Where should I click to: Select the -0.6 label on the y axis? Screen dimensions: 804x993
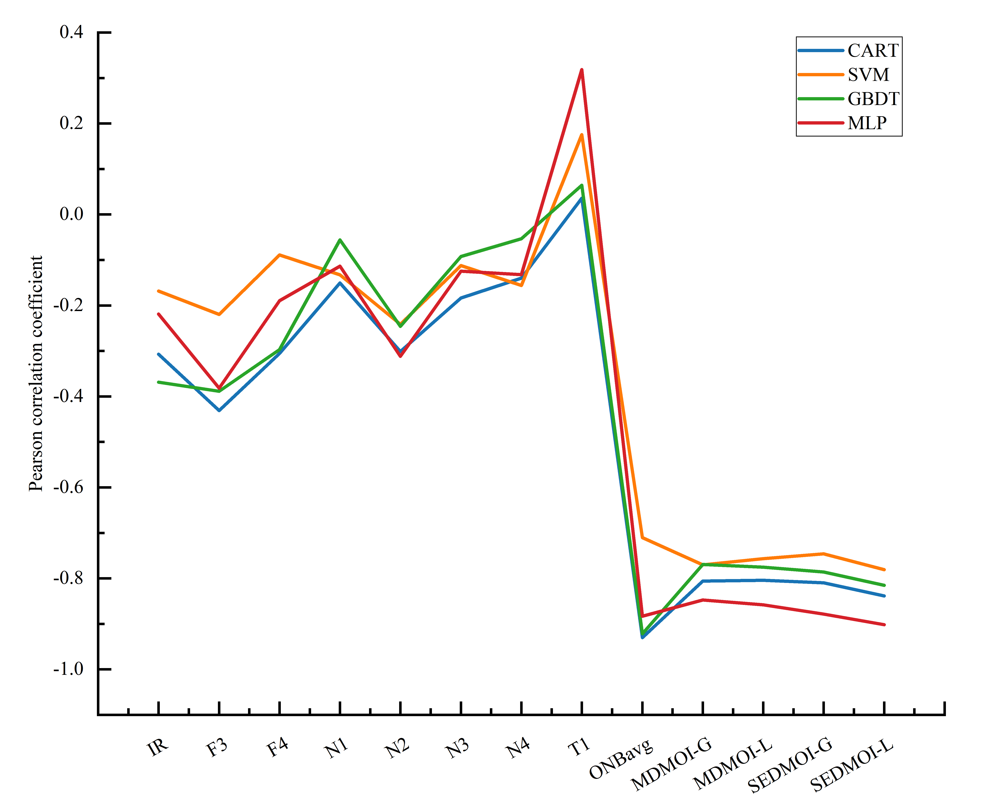[x=69, y=487]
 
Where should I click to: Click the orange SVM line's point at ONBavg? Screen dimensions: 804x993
[x=642, y=537]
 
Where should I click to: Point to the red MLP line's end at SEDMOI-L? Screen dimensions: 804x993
[x=884, y=624]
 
